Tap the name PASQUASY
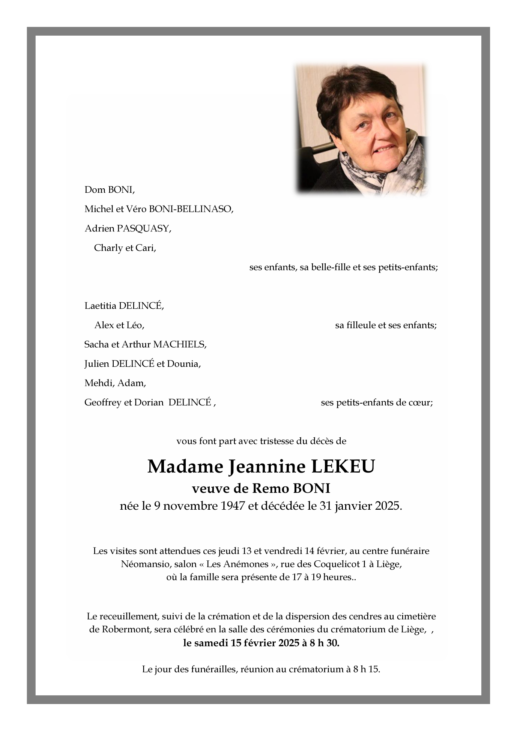click(144, 228)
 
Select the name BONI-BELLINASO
click(191, 209)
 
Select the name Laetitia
click(100, 306)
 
